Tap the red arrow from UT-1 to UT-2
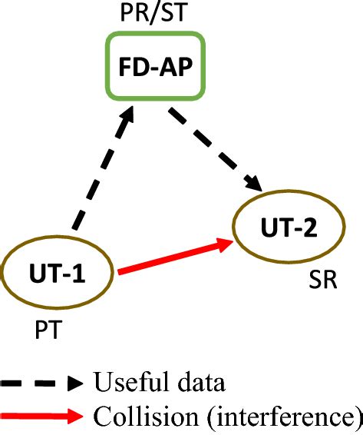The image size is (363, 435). (173, 257)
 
